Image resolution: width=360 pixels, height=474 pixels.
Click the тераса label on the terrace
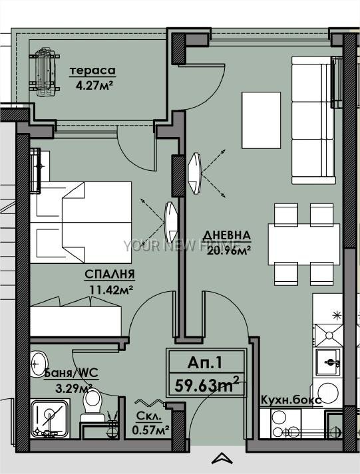tap(92, 70)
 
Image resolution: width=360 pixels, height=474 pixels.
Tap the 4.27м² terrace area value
tap(94, 86)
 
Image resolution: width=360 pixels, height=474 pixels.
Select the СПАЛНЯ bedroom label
tap(110, 275)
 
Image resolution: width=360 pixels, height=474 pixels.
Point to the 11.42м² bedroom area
tap(112, 290)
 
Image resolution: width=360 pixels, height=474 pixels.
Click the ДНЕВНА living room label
tap(227, 235)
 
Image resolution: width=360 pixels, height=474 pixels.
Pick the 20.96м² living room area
tap(229, 251)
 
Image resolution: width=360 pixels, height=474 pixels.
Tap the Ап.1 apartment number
tap(205, 362)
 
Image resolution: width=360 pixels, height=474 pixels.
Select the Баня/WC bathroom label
tap(71, 373)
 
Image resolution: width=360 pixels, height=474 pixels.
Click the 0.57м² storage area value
tap(150, 430)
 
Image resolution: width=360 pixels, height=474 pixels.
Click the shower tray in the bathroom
tap(50, 419)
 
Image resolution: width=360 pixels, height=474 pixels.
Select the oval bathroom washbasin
tap(39, 364)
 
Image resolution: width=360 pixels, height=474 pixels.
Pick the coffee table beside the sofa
tap(261, 120)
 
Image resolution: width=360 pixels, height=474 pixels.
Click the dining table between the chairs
tap(304, 244)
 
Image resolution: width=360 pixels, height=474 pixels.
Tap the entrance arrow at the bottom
tap(222, 458)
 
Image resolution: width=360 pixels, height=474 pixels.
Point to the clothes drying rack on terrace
tap(45, 72)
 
